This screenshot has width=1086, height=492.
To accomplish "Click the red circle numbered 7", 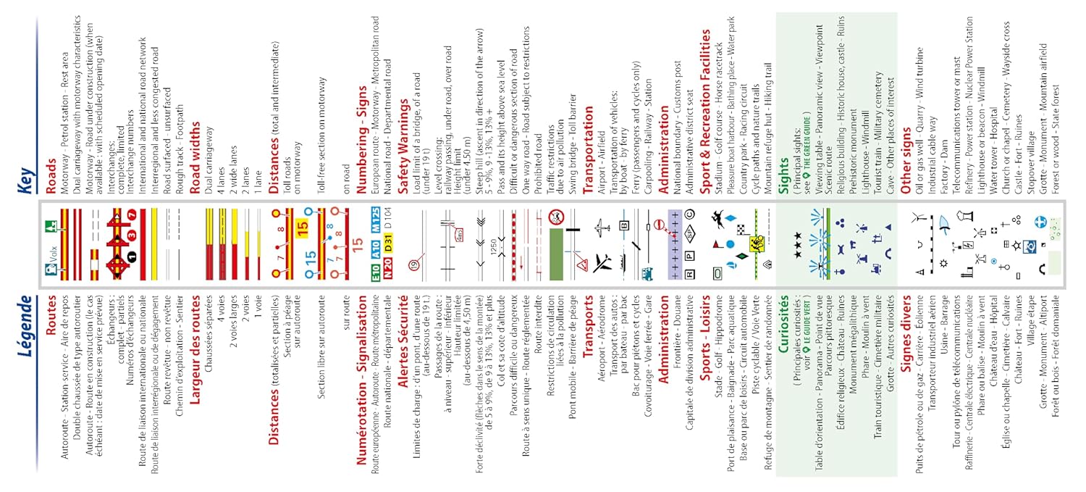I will tap(131, 216).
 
